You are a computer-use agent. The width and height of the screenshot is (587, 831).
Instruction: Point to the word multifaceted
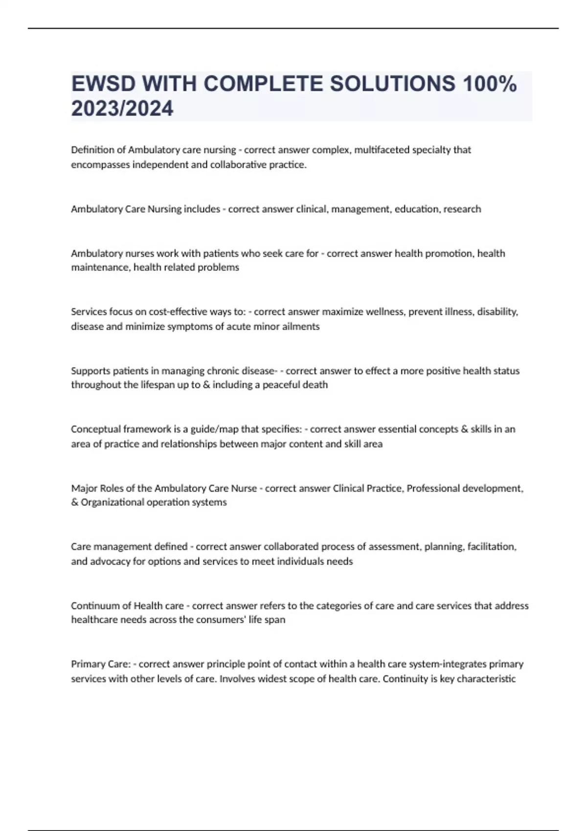point(382,150)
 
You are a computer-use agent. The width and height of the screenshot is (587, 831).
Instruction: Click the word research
point(462,209)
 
